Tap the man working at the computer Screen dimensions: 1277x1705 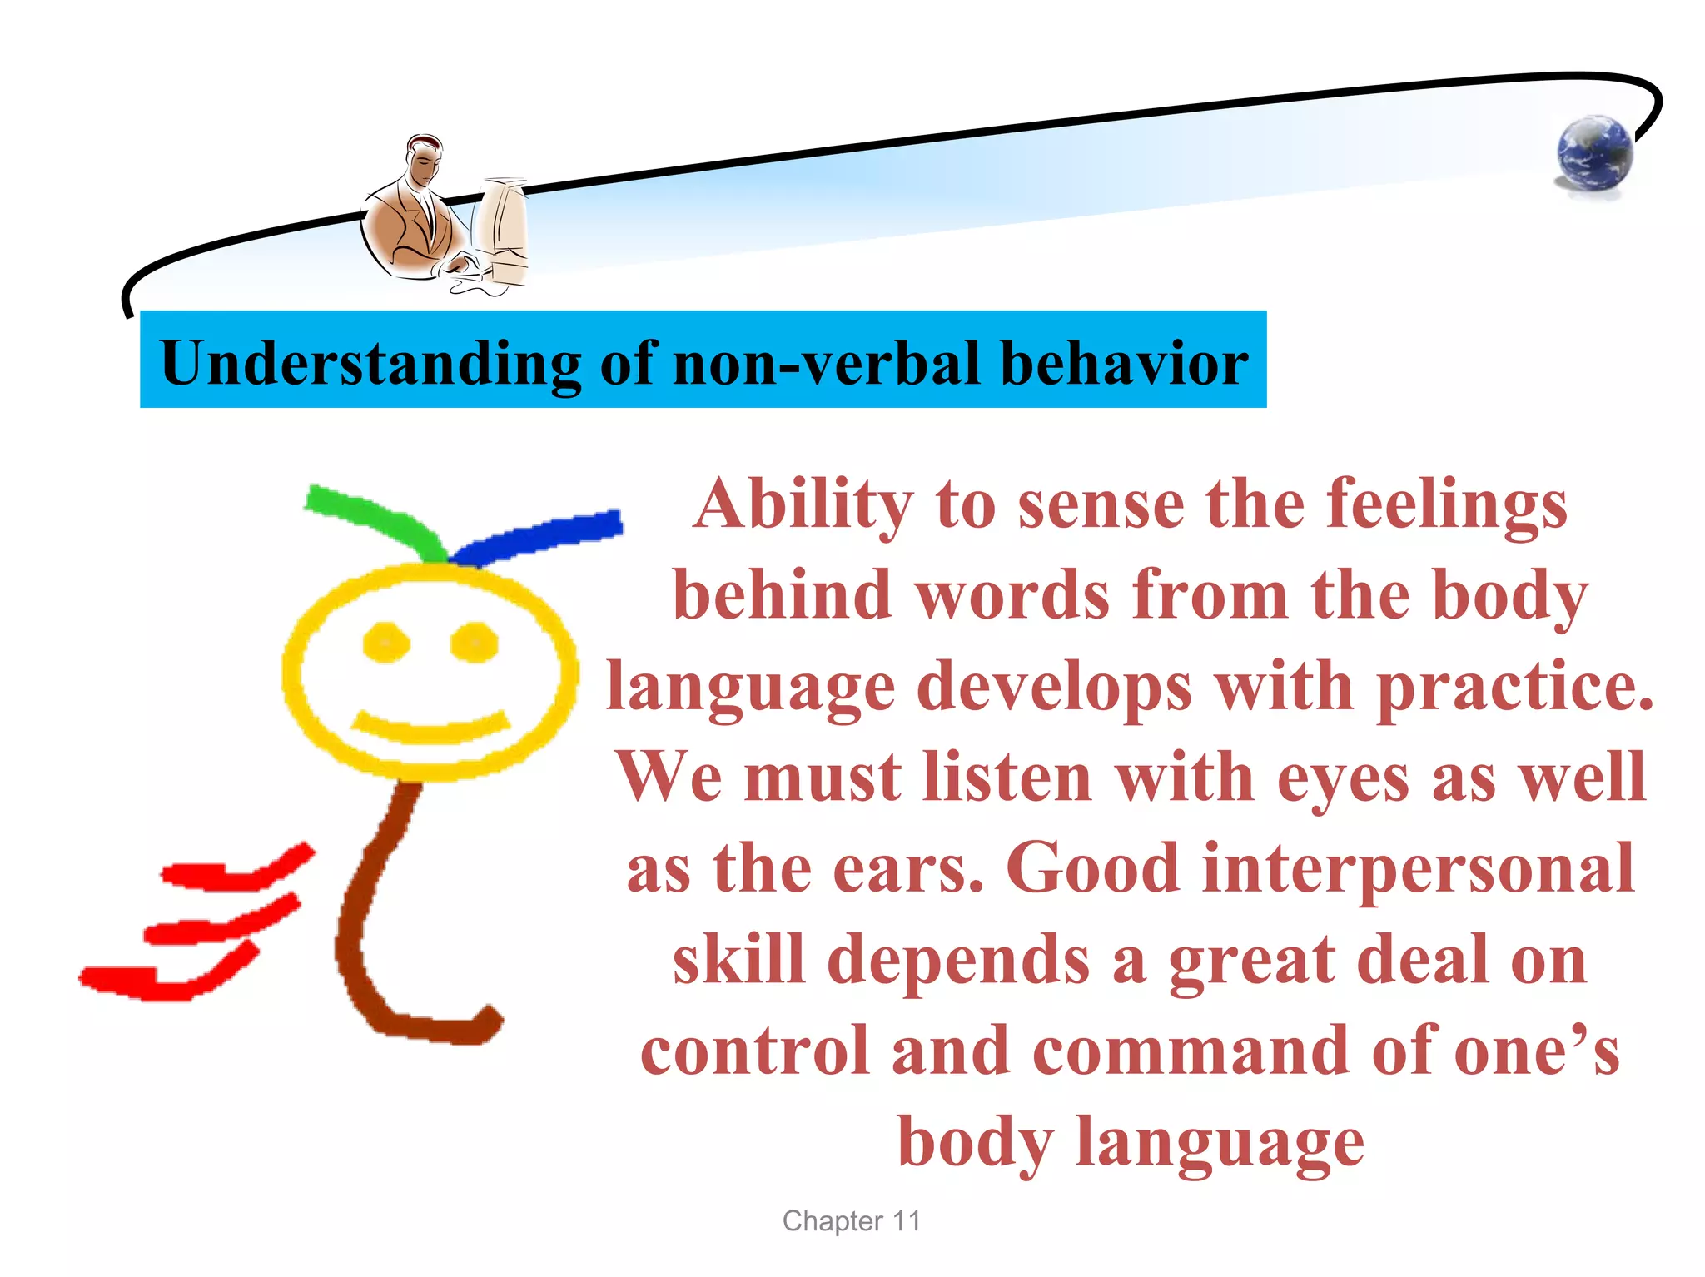tap(416, 212)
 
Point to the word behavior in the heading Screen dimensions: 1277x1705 tap(1124, 363)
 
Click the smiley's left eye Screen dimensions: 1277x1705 tap(386, 643)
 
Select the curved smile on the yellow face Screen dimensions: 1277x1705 tap(430, 728)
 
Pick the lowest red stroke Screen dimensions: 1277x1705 tap(167, 978)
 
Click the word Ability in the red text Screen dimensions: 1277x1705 tap(803, 504)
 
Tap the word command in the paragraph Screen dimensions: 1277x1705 tap(1191, 1051)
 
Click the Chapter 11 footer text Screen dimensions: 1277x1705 tap(851, 1220)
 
